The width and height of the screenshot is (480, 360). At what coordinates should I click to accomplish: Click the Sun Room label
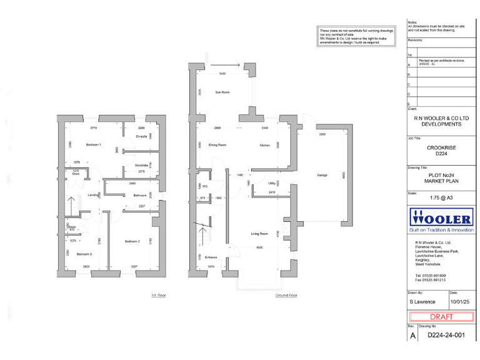pyautogui.click(x=222, y=92)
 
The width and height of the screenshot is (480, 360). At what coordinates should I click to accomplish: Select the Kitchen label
pyautogui.click(x=264, y=145)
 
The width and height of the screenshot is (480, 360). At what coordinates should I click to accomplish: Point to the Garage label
pyautogui.click(x=322, y=175)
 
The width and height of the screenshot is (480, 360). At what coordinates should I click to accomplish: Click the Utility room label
pyautogui.click(x=272, y=183)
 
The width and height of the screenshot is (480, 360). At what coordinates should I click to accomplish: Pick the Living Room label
pyautogui.click(x=259, y=234)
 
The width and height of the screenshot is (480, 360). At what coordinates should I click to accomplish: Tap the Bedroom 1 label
pyautogui.click(x=94, y=145)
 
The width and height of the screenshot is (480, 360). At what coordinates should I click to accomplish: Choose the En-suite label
pyautogui.click(x=141, y=136)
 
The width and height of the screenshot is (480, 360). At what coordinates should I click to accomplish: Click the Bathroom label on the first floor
pyautogui.click(x=140, y=196)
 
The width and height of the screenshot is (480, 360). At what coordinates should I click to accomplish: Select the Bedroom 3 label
pyautogui.click(x=84, y=254)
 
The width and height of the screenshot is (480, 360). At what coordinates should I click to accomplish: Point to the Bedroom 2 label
pyautogui.click(x=131, y=241)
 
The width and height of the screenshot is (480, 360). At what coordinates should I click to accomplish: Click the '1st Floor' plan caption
pyautogui.click(x=158, y=294)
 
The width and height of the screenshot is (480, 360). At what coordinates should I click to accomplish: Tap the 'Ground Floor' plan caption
pyautogui.click(x=285, y=294)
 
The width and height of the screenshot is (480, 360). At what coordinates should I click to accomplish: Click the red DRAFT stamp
pyautogui.click(x=441, y=316)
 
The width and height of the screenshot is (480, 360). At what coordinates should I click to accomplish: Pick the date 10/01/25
pyautogui.click(x=457, y=301)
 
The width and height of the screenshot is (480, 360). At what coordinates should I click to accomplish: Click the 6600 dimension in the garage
pyautogui.click(x=342, y=177)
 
